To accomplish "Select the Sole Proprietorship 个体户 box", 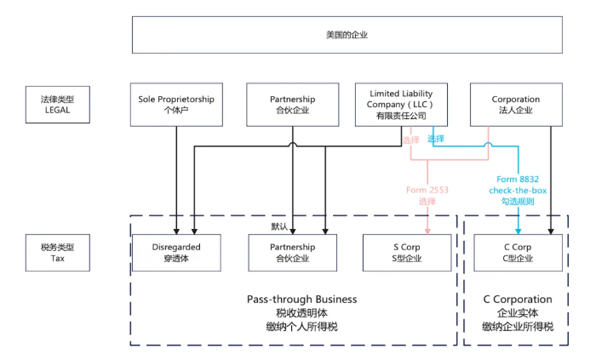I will click(x=176, y=105).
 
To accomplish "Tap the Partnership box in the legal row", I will click(x=292, y=105).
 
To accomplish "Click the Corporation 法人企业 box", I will click(x=516, y=105).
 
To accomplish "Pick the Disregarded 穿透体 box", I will click(x=176, y=252).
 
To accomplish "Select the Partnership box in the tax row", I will click(x=292, y=252).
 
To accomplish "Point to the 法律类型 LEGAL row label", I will click(x=57, y=105).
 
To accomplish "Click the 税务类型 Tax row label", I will click(x=57, y=252).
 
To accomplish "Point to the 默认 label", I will click(x=279, y=226).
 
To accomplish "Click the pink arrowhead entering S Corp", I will click(x=427, y=231).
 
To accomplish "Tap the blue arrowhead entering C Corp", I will click(x=519, y=231).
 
